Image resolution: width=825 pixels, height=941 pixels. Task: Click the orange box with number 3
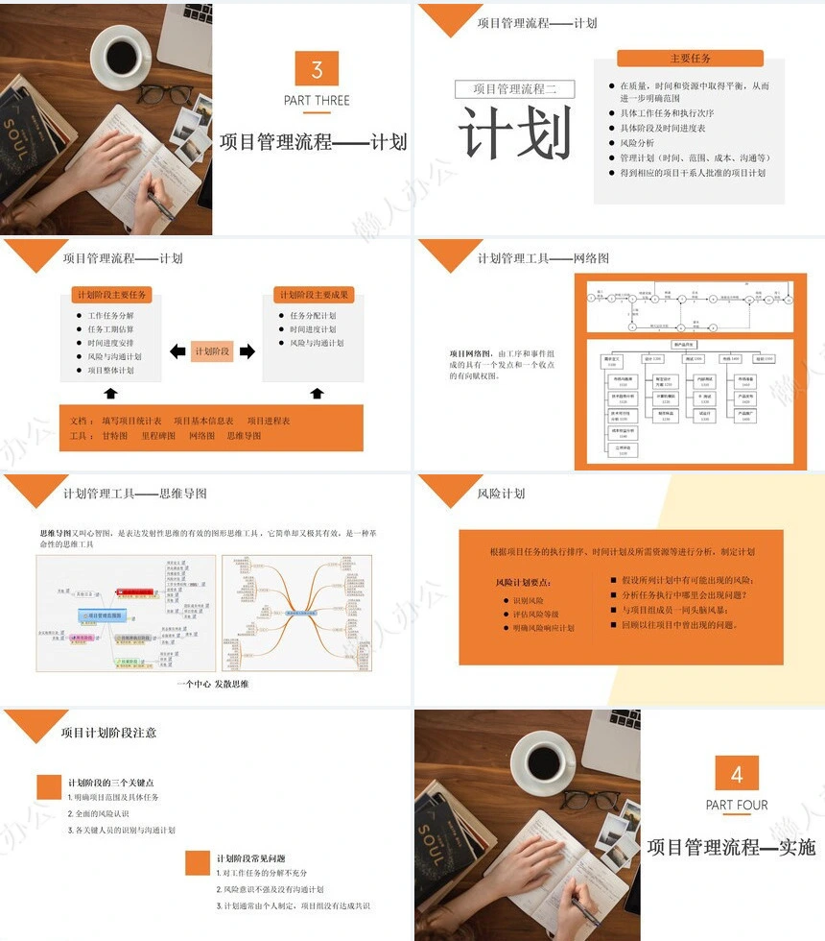click(x=317, y=69)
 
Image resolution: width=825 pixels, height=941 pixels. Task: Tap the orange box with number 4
click(x=737, y=774)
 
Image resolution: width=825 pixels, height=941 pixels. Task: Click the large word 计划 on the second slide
click(x=515, y=133)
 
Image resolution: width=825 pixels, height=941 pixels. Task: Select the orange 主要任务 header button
click(x=691, y=59)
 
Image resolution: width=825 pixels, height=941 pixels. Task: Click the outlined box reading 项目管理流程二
click(x=515, y=89)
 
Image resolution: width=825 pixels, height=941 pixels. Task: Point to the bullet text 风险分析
click(x=637, y=142)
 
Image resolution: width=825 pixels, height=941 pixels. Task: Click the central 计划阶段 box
click(x=212, y=351)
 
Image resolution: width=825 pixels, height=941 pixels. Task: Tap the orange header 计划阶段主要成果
click(x=314, y=295)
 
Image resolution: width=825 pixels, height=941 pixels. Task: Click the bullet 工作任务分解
click(x=111, y=316)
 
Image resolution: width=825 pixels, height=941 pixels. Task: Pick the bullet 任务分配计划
click(x=313, y=316)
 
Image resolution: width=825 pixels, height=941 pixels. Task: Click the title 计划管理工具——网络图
click(x=543, y=258)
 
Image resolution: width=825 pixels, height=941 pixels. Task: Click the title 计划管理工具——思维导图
click(x=134, y=495)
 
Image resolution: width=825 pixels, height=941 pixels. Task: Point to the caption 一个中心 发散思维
click(x=213, y=684)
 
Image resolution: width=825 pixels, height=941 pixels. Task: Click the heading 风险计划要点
click(x=523, y=583)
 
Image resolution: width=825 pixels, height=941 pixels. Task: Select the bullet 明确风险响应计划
click(x=543, y=628)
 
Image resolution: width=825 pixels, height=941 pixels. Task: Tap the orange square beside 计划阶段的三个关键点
click(x=49, y=787)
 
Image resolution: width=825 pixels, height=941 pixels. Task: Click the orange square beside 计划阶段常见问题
click(x=198, y=862)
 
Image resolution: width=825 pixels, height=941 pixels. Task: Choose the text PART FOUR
click(x=737, y=805)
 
